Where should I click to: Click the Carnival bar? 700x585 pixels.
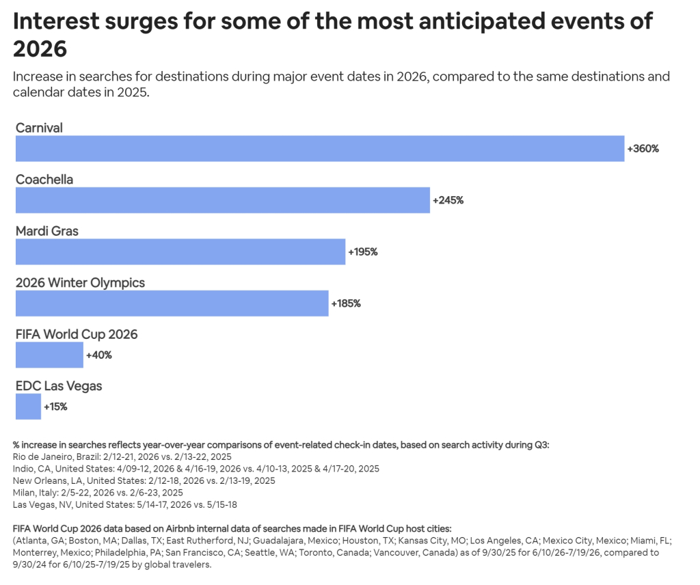coord(319,148)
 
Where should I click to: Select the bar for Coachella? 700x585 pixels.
coord(222,200)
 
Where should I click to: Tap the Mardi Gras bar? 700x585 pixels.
coord(180,251)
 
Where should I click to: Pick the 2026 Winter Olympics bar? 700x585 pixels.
coord(172,303)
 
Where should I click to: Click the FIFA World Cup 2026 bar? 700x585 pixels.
coord(49,355)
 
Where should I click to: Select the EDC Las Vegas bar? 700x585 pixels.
coord(28,407)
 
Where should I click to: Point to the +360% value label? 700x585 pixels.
coord(643,148)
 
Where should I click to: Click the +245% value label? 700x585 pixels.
coord(448,200)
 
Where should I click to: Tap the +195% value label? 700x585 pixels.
coord(363,251)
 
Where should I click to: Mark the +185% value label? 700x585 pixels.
coord(346,303)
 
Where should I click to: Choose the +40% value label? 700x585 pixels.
coord(99,355)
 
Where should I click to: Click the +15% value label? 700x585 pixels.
coord(55,407)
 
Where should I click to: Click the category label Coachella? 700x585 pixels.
coord(44,180)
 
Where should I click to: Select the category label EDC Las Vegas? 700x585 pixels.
coord(59,386)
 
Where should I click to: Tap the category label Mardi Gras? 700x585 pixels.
coord(47,232)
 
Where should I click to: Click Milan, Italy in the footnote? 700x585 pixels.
coord(35,493)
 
